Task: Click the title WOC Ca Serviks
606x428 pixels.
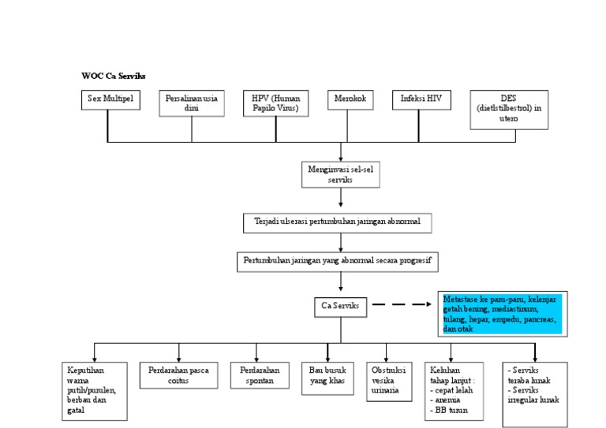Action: (113, 76)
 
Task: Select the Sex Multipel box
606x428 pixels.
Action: (110, 100)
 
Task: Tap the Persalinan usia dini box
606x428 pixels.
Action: (192, 103)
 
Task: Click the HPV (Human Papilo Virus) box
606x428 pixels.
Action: (275, 103)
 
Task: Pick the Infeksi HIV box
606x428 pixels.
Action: (421, 100)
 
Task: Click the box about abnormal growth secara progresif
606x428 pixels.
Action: (338, 262)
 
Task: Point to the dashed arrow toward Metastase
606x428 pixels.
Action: (402, 304)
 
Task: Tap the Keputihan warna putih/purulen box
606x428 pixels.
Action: (93, 389)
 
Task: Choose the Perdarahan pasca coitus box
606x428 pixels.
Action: (178, 375)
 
